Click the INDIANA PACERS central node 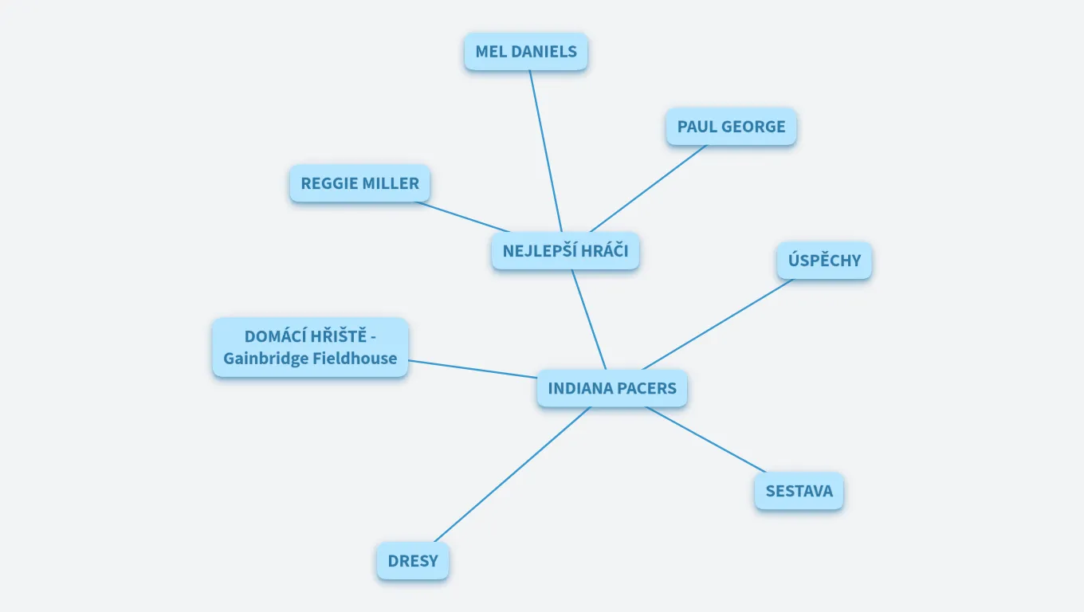pyautogui.click(x=611, y=389)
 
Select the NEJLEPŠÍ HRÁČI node pyautogui.click(x=565, y=251)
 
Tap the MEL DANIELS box pyautogui.click(x=526, y=52)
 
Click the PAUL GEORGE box pyautogui.click(x=731, y=127)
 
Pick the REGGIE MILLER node pyautogui.click(x=359, y=183)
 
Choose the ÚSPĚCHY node pyautogui.click(x=824, y=261)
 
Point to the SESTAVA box pyautogui.click(x=799, y=491)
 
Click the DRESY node pyautogui.click(x=413, y=561)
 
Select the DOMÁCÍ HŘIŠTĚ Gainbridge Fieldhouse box pyautogui.click(x=310, y=347)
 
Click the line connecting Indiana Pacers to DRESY pyautogui.click(x=512, y=475)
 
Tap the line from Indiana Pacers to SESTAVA pyautogui.click(x=705, y=440)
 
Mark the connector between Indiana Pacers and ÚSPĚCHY pyautogui.click(x=717, y=324)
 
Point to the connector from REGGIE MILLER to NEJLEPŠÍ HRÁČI pyautogui.click(x=462, y=216)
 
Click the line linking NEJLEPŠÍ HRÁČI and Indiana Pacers pyautogui.click(x=588, y=320)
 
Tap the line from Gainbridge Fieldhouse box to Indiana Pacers pyautogui.click(x=473, y=369)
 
